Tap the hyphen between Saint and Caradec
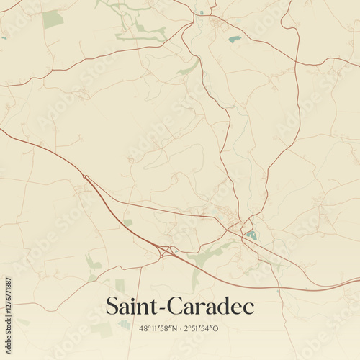point(164,308)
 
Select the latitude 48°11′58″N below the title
point(156,328)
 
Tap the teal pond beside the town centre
point(251,235)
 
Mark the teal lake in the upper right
point(235,39)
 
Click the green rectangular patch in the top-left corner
point(52,19)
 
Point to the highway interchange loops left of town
point(168,251)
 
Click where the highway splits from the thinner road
point(85,176)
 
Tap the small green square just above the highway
point(127,222)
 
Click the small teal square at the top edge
point(202,12)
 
